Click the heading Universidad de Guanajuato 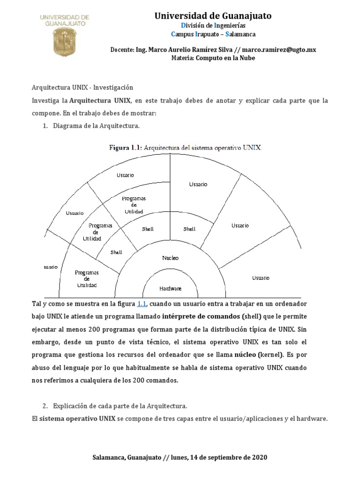click(213, 16)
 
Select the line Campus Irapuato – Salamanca click(213, 34)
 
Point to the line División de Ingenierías click(213, 25)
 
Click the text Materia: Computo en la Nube click(213, 58)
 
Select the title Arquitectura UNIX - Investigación click(82, 88)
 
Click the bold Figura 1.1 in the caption click(125, 148)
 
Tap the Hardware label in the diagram click(170, 288)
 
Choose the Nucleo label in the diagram click(170, 258)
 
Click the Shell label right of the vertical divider click(189, 229)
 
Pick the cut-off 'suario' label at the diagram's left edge click(51, 266)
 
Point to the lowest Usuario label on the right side click(261, 278)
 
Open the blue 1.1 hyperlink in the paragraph click(142, 304)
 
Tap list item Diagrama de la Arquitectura click(96, 126)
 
